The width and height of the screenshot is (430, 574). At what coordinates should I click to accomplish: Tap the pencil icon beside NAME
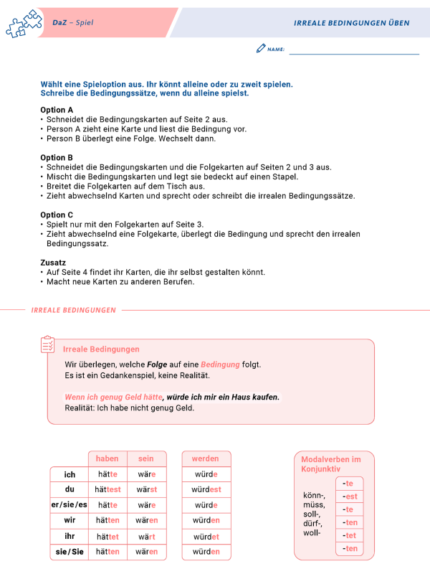coord(260,49)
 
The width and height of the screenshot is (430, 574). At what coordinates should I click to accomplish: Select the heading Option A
coord(57,110)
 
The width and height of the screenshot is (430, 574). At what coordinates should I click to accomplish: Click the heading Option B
coord(57,157)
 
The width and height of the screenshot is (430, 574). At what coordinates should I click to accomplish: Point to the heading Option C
coord(57,215)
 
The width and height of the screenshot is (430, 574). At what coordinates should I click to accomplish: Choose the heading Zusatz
coord(54,262)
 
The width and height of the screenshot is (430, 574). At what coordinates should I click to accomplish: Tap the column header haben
coord(107,458)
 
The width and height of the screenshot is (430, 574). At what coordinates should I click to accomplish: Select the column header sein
coord(146,458)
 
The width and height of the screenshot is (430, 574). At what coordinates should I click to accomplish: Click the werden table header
coord(206,458)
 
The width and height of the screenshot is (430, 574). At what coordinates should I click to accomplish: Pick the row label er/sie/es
coord(70,504)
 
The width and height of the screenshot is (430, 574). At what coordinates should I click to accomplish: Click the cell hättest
coord(108,489)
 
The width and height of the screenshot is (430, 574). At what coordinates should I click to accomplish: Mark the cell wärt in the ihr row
coord(146,536)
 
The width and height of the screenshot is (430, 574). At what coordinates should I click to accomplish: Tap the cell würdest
coord(206,489)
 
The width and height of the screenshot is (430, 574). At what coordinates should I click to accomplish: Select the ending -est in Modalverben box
coord(350,497)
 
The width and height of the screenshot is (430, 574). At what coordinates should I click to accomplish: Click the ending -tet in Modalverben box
coord(350,535)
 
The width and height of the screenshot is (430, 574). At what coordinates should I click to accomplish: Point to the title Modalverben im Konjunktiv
coord(330,464)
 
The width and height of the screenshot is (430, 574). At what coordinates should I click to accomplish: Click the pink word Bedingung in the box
coord(220,364)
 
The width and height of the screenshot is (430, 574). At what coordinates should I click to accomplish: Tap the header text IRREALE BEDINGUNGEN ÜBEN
coord(351,23)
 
